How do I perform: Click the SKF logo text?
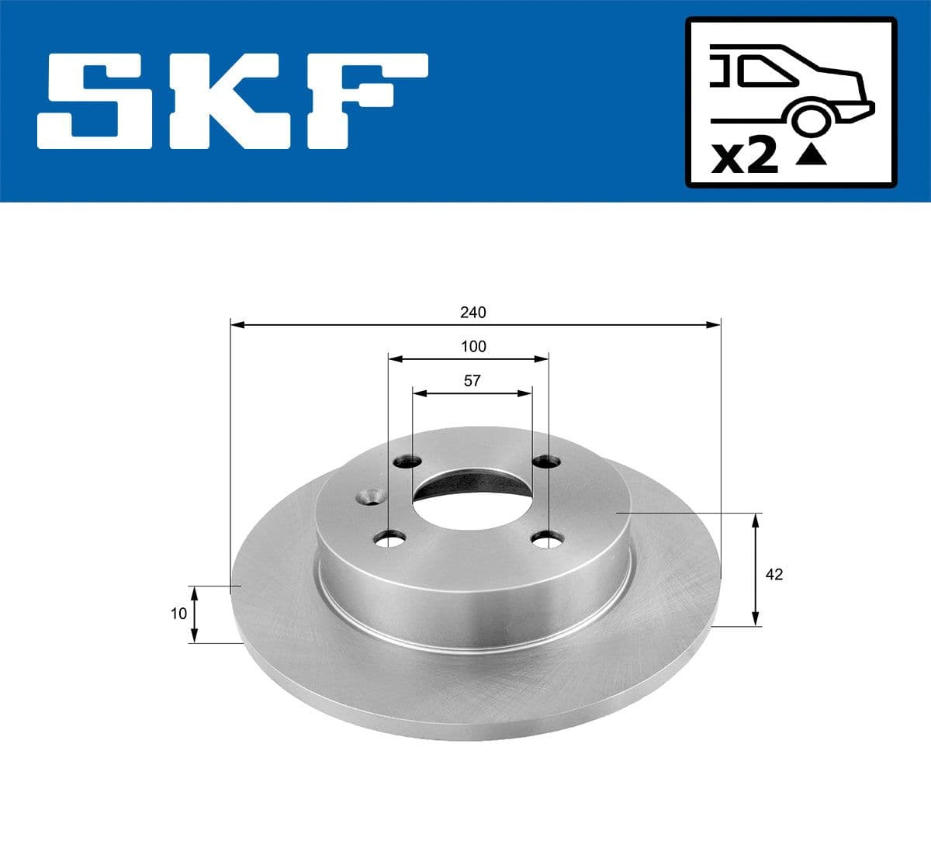pyautogui.click(x=233, y=101)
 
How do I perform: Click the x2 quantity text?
pyautogui.click(x=744, y=157)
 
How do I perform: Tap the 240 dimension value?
pyautogui.click(x=472, y=313)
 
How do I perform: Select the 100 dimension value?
pyautogui.click(x=472, y=347)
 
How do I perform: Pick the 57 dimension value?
pyautogui.click(x=472, y=381)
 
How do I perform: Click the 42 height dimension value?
pyautogui.click(x=774, y=574)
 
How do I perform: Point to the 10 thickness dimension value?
pyautogui.click(x=178, y=614)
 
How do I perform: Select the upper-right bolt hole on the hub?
pyautogui.click(x=546, y=462)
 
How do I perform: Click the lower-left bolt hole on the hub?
pyautogui.click(x=389, y=538)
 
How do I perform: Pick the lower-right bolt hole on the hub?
pyautogui.click(x=546, y=538)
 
